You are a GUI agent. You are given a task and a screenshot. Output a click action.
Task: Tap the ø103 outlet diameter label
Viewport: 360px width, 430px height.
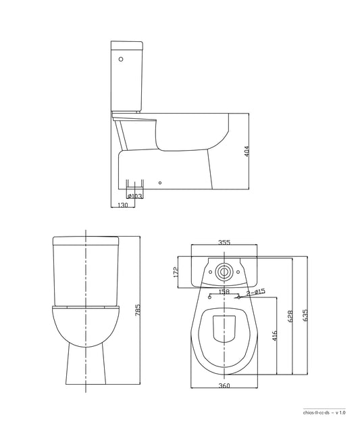coord(134,196)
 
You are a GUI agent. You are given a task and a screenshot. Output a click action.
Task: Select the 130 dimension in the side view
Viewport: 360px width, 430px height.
coord(123,205)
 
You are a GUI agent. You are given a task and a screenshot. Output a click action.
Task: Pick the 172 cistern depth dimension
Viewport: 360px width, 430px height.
coord(176,272)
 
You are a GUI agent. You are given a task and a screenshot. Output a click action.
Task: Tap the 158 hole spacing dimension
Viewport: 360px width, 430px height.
coord(224,292)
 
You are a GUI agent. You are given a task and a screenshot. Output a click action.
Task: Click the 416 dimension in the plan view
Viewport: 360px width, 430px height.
coord(274,336)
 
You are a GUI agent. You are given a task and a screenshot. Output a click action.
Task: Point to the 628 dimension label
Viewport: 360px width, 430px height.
coord(291,316)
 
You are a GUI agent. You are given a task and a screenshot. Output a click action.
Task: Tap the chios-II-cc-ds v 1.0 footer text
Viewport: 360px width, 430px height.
coord(325,410)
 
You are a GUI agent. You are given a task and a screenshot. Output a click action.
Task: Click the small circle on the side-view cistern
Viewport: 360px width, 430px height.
coord(121,60)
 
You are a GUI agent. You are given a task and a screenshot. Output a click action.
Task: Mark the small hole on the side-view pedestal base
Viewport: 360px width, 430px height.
coord(160,182)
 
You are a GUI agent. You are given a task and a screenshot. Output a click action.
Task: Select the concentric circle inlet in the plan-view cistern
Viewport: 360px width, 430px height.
coord(224,272)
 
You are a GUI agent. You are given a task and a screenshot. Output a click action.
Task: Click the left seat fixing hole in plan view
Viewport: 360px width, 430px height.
coord(211,297)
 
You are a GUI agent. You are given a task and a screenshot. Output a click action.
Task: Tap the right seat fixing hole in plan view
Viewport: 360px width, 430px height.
coord(238,297)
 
